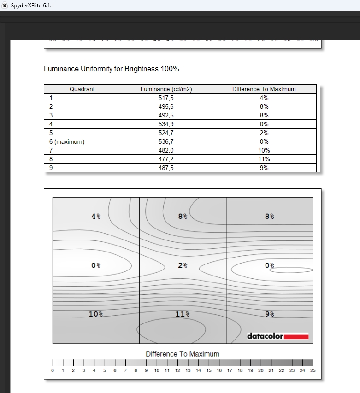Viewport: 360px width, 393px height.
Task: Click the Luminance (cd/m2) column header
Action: point(166,89)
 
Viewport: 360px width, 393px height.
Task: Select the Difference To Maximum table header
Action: point(264,89)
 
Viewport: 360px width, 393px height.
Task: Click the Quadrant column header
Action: point(82,89)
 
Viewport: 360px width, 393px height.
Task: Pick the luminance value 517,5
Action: point(166,98)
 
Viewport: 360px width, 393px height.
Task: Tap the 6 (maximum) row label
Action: point(67,142)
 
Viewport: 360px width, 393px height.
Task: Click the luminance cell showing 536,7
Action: point(166,142)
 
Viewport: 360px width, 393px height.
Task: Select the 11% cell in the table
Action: point(264,159)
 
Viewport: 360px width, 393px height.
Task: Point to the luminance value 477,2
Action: point(166,159)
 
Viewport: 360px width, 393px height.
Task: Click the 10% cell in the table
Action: point(264,150)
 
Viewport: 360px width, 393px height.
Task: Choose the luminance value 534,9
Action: point(166,124)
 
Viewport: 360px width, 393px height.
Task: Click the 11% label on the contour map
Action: point(183,314)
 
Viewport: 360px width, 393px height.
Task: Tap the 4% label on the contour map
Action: point(96,216)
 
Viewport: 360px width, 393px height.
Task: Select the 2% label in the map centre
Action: point(183,265)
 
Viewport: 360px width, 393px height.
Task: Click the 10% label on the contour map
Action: point(95,314)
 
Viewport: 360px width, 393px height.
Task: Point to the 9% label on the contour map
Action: point(269,314)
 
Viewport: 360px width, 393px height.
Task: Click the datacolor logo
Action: point(277,336)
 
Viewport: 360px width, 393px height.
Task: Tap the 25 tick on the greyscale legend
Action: point(313,370)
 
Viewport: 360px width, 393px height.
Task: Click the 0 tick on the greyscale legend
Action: point(53,370)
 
